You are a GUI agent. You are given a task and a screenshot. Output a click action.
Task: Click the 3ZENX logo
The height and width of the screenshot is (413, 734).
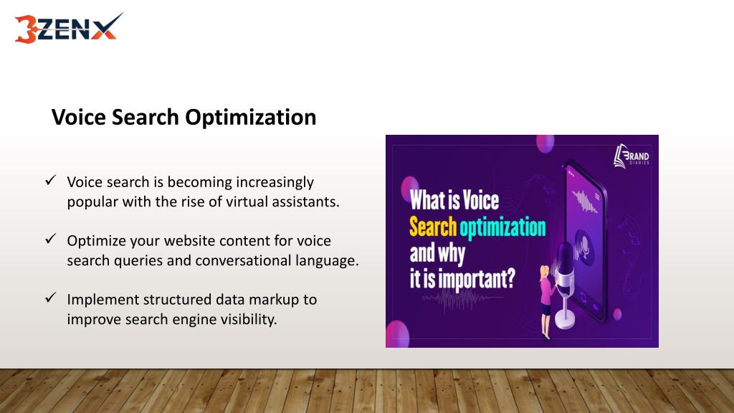[69, 29]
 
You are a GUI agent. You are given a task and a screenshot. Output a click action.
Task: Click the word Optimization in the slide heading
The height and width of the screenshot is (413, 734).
[250, 118]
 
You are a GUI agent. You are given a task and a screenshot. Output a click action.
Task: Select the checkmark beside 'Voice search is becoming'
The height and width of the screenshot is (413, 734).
[51, 180]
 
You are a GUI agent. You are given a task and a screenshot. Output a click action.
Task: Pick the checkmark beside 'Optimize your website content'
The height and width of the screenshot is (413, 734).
[51, 239]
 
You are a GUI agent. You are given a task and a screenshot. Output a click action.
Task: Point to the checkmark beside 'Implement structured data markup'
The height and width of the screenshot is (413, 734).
[51, 298]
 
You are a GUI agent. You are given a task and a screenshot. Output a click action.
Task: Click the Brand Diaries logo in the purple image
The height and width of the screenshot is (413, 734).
[631, 156]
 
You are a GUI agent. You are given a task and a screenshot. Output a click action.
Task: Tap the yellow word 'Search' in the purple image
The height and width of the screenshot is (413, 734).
[433, 227]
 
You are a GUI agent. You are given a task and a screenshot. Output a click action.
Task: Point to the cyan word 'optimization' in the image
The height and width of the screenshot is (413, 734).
[502, 228]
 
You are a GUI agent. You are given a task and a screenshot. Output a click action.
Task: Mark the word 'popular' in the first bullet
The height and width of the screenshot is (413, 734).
[92, 202]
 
